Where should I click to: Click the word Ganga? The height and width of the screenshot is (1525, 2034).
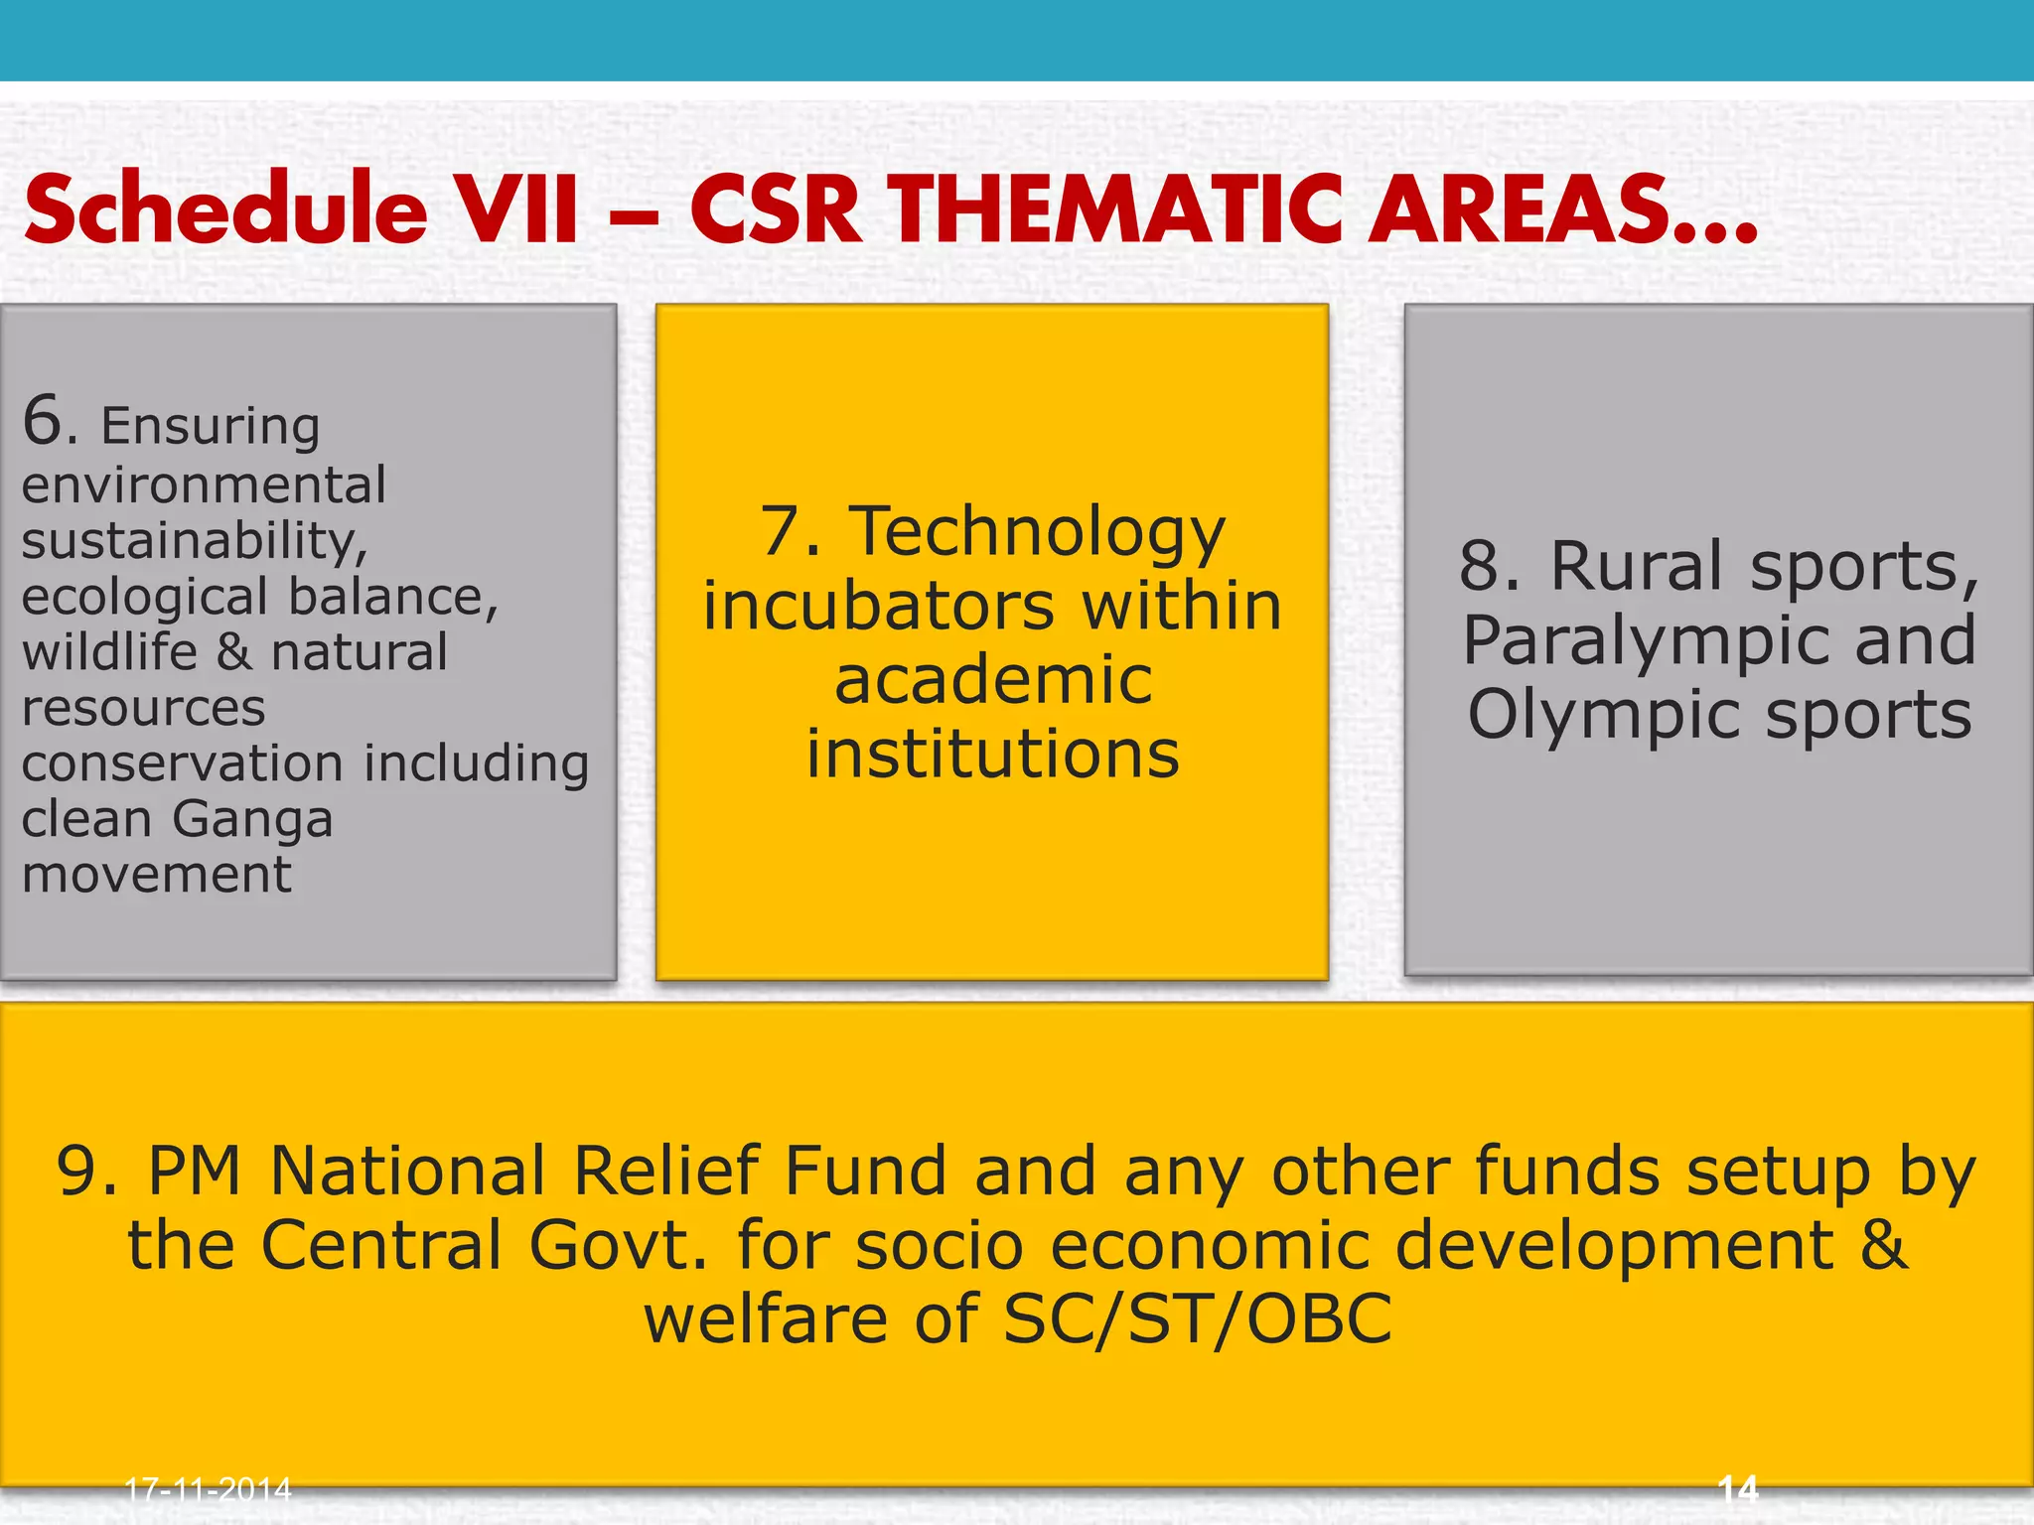252,820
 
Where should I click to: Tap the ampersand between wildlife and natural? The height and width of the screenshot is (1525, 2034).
234,652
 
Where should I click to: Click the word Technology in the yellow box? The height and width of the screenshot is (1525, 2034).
1037,532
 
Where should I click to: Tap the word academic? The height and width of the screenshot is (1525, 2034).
993,681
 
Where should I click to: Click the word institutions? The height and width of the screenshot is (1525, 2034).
993,755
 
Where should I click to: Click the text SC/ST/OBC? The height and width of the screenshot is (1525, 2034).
1198,1319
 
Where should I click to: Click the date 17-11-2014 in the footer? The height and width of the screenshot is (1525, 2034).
208,1489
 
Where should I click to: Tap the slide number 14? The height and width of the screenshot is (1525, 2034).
1737,1489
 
